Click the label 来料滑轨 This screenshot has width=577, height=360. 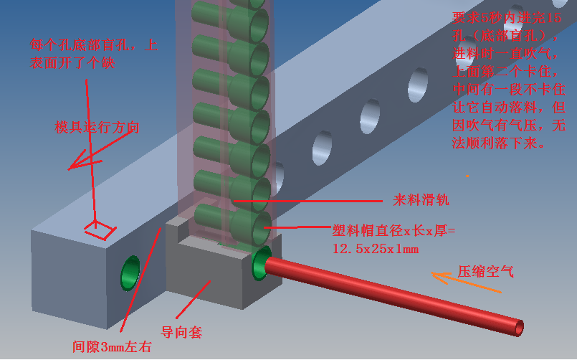pyautogui.click(x=421, y=199)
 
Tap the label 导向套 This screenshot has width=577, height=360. pyautogui.click(x=181, y=332)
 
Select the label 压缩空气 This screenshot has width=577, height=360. pyautogui.click(x=486, y=272)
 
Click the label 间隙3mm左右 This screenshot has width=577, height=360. pyautogui.click(x=112, y=347)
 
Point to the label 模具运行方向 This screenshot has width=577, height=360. pyautogui.click(x=97, y=128)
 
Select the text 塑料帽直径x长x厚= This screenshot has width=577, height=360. pyautogui.click(x=393, y=231)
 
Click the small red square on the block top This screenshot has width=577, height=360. pyautogui.click(x=100, y=229)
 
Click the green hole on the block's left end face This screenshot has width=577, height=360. pyautogui.click(x=130, y=272)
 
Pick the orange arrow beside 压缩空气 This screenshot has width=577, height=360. pyautogui.click(x=466, y=283)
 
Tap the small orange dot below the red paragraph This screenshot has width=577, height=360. pyautogui.click(x=467, y=176)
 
